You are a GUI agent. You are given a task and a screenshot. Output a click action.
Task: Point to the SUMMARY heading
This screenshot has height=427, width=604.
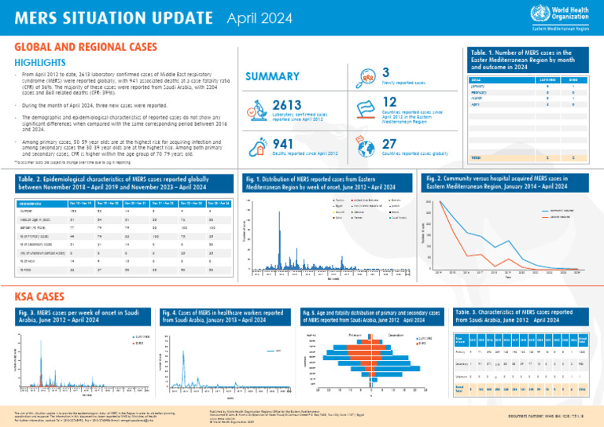pyautogui.click(x=271, y=76)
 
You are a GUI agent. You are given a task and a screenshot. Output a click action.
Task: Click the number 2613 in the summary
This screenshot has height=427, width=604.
pyautogui.click(x=288, y=105)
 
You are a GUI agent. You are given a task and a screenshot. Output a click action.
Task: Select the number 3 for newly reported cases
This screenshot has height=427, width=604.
pyautogui.click(x=385, y=72)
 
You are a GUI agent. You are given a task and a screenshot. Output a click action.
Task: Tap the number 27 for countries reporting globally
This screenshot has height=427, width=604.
pyautogui.click(x=389, y=143)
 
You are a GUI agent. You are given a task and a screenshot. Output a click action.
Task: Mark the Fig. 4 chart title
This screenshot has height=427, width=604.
pyautogui.click(x=228, y=317)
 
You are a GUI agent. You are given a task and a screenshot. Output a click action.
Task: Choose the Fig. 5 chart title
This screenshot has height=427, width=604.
pyautogui.click(x=370, y=317)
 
